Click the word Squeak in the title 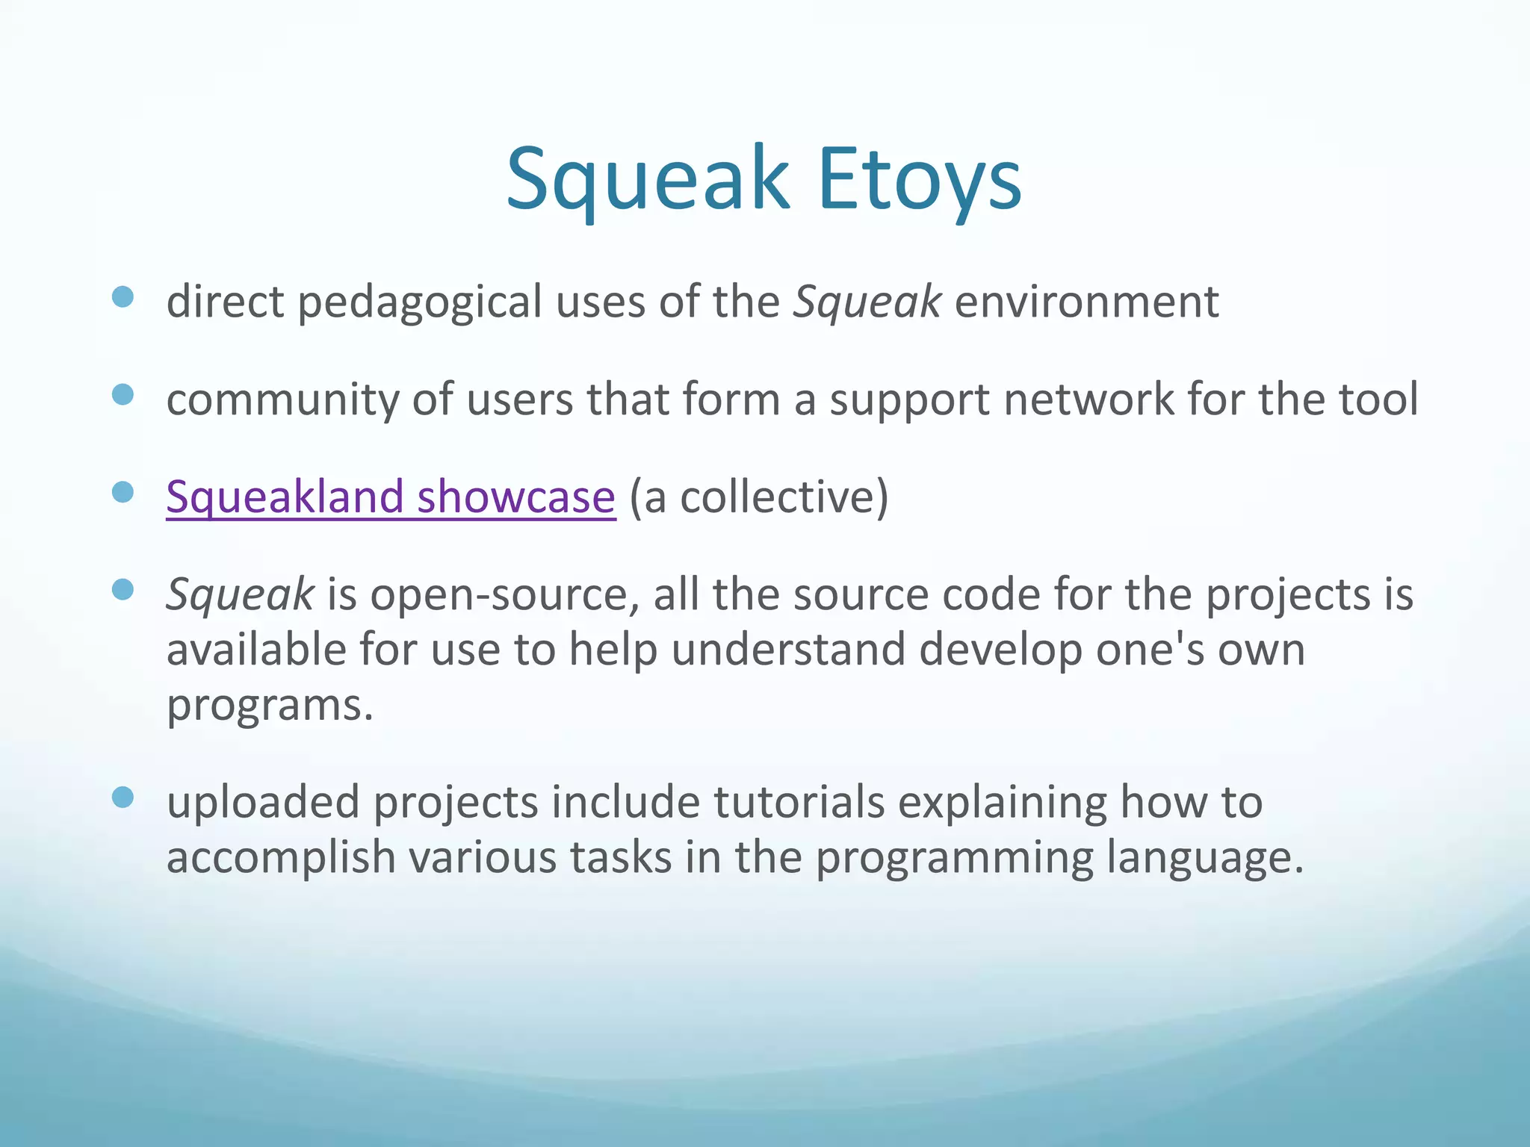647,179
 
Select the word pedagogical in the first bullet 420,302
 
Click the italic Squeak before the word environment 867,302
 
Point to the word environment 1086,302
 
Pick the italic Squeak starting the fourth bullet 240,595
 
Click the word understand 788,650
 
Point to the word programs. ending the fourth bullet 269,704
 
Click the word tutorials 799,803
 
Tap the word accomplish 280,857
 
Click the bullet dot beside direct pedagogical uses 123,297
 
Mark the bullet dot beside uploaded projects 123,797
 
